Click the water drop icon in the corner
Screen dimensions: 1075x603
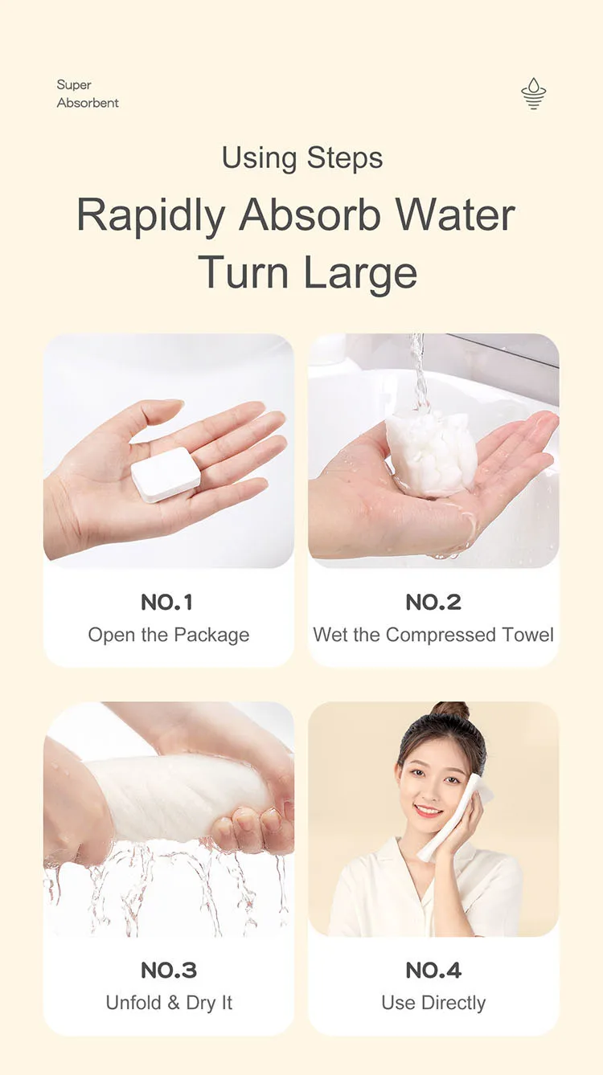point(533,93)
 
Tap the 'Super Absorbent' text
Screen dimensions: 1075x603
point(88,94)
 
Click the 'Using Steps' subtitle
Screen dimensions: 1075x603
point(301,158)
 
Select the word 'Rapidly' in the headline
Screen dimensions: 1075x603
point(150,215)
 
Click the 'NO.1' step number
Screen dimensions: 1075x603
point(168,602)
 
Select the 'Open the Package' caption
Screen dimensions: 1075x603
point(168,635)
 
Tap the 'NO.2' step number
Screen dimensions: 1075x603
point(433,602)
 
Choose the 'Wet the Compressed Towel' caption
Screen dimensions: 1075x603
point(433,635)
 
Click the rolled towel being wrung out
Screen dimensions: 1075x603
point(173,795)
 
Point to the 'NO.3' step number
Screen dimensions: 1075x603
point(168,970)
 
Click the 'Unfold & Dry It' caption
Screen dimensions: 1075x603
point(168,1003)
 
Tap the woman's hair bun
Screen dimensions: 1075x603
point(450,711)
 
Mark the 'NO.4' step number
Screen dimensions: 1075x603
point(433,970)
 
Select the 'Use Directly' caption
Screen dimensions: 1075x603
point(433,1003)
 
